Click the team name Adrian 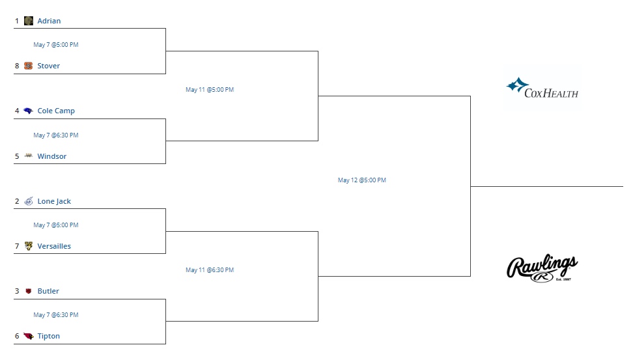(x=49, y=21)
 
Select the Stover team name (x=48, y=66)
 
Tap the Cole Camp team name (x=56, y=111)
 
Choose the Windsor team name (x=51, y=156)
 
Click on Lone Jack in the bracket (x=54, y=201)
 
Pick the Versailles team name (x=54, y=246)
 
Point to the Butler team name (x=48, y=291)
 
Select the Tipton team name (x=48, y=336)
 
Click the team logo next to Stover (x=28, y=66)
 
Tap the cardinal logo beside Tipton (x=28, y=336)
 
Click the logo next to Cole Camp (x=28, y=111)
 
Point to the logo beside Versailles (x=28, y=246)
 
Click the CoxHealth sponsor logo (x=542, y=88)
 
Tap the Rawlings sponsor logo (x=542, y=268)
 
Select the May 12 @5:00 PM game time (x=361, y=180)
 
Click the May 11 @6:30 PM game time (x=210, y=270)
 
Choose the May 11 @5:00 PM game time (x=210, y=90)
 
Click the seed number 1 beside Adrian (x=17, y=21)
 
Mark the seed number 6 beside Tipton (x=17, y=336)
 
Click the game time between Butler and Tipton (x=56, y=315)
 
